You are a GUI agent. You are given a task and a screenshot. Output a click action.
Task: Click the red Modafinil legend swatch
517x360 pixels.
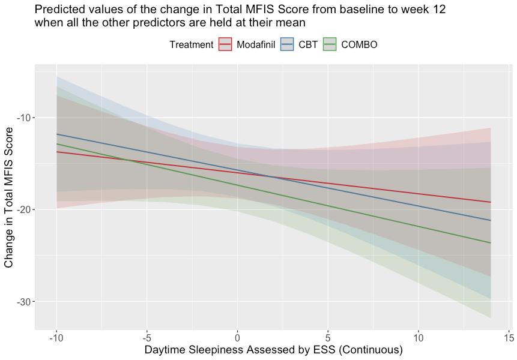[x=225, y=44]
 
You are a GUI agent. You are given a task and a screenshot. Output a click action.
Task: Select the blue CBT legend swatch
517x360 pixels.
[x=287, y=44]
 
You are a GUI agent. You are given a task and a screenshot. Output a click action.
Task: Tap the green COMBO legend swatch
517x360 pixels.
[x=330, y=44]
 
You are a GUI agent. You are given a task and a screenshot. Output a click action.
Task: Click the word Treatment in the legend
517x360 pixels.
[x=191, y=45]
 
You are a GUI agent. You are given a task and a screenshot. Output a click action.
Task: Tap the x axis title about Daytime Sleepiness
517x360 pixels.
[x=273, y=350]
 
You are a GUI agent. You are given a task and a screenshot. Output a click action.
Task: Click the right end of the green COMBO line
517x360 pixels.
[x=491, y=243]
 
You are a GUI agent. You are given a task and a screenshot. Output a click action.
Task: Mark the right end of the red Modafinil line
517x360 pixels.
[x=491, y=202]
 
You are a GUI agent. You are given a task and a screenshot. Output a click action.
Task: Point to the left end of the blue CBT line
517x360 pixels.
[x=57, y=134]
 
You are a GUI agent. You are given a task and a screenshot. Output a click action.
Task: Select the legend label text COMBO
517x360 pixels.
[x=359, y=45]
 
